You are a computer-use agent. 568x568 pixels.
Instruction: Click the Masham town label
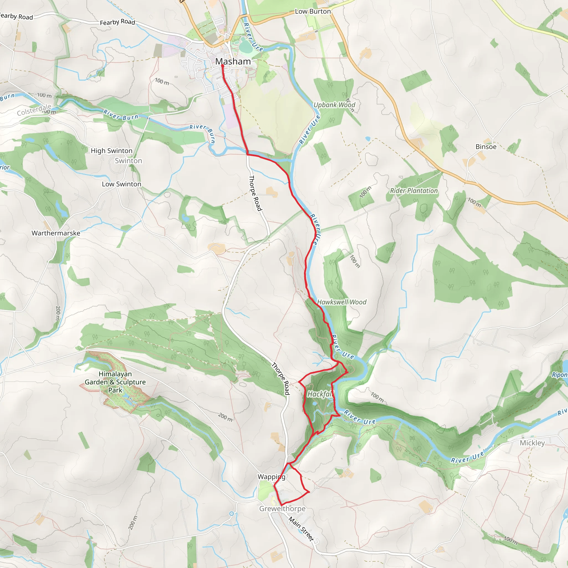[233, 62]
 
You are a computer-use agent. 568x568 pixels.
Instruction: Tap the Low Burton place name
[313, 11]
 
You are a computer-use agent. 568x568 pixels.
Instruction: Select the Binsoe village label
[486, 147]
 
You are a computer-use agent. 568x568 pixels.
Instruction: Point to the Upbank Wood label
[334, 105]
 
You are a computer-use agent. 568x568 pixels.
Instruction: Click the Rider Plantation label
[414, 191]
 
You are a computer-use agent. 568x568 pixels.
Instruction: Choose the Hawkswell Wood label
[342, 302]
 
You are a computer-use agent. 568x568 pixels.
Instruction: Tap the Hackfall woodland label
[319, 394]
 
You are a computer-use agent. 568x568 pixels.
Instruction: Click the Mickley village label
[532, 443]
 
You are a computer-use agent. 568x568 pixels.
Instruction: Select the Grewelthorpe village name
[282, 508]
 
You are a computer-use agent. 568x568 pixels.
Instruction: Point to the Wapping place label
[271, 476]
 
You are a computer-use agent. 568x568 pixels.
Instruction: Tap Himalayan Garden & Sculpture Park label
[115, 382]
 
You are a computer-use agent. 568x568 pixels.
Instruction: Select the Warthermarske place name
[56, 233]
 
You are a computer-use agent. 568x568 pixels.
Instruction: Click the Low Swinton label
[121, 184]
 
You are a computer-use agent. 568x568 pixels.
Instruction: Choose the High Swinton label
[111, 151]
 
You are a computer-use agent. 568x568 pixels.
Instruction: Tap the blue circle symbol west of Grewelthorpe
[231, 514]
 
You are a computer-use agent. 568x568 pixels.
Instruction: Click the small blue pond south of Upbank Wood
[367, 138]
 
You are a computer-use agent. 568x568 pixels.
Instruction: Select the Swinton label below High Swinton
[128, 161]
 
